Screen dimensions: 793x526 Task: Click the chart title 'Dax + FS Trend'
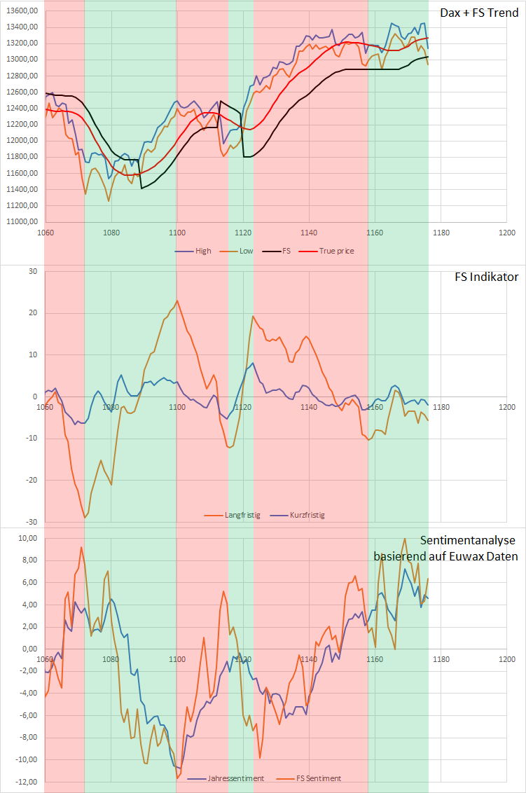[479, 13]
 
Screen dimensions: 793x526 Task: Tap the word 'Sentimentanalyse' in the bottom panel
[469, 540]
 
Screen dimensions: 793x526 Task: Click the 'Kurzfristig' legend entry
[307, 515]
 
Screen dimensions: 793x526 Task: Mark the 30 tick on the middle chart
[32, 271]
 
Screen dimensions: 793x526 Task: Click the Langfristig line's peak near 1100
[177, 301]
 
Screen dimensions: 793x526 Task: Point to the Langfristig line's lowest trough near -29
[85, 518]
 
